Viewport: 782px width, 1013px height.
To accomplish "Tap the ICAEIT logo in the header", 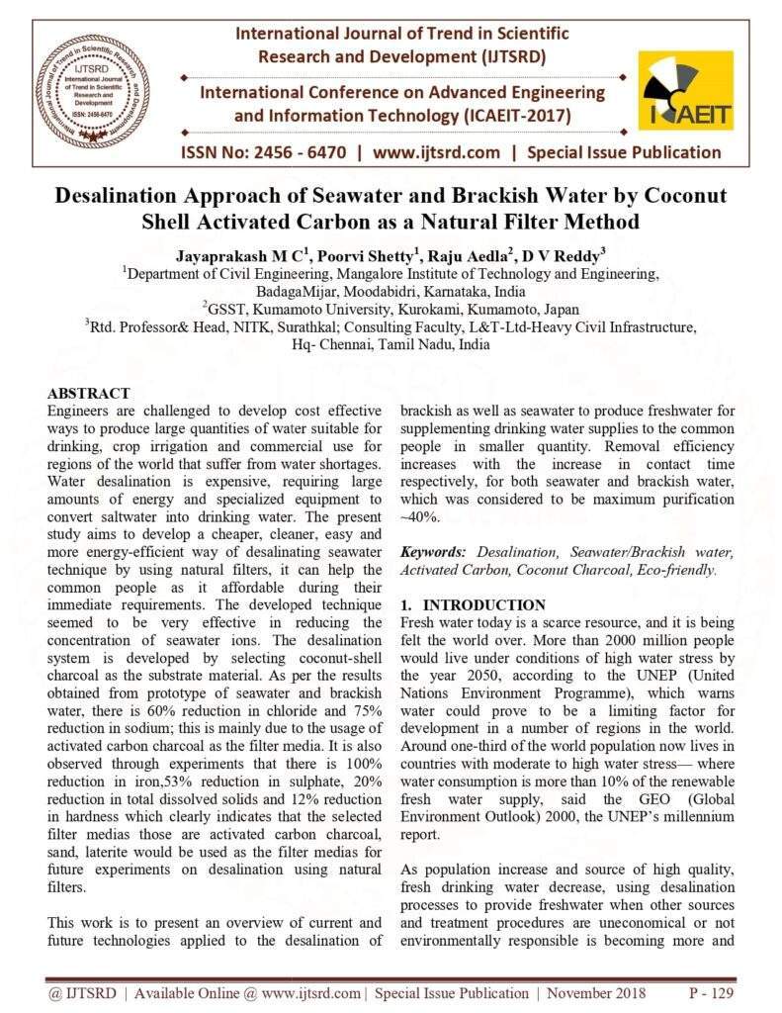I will pyautogui.click(x=685, y=91).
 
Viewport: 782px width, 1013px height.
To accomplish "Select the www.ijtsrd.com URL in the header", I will pyautogui.click(x=436, y=152).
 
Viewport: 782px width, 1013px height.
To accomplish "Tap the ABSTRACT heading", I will pyautogui.click(x=89, y=394).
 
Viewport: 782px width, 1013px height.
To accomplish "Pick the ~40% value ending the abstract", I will pyautogui.click(x=419, y=517).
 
